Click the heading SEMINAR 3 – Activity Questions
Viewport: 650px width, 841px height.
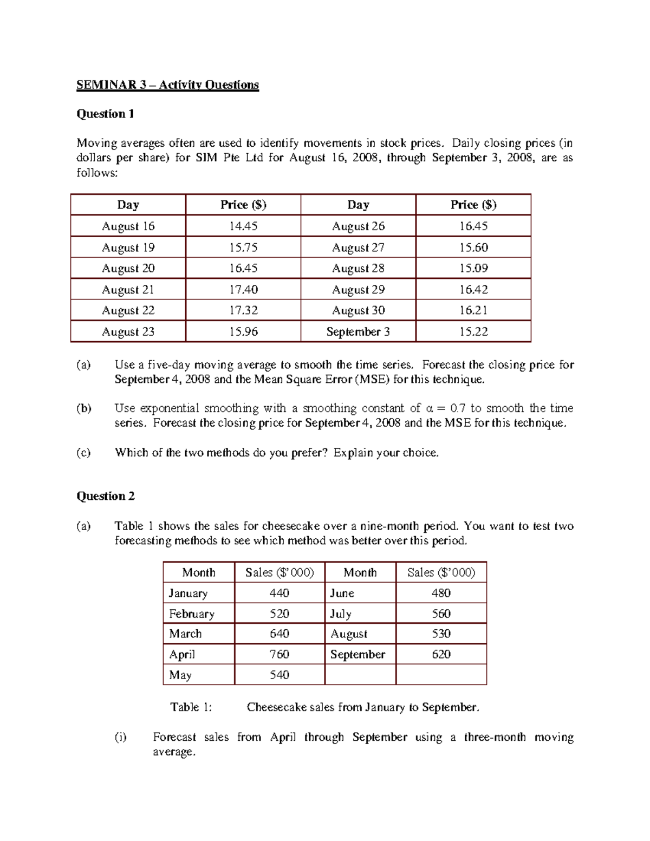(x=167, y=85)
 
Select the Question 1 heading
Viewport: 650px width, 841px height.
(x=105, y=114)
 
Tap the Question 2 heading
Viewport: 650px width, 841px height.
(x=105, y=497)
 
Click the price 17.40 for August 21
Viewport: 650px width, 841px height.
(x=243, y=290)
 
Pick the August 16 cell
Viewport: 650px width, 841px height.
(x=128, y=226)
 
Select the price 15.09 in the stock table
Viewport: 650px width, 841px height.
(x=473, y=269)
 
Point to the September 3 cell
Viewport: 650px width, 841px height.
(x=358, y=332)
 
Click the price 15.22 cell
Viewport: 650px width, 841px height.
(x=473, y=332)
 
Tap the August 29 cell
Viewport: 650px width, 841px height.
(x=358, y=290)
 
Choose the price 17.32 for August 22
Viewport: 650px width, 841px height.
(x=243, y=311)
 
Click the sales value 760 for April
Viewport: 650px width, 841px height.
(x=279, y=655)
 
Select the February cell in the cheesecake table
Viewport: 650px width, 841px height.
(x=192, y=614)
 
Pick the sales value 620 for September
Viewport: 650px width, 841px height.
(x=441, y=655)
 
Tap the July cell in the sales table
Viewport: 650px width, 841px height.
(x=341, y=614)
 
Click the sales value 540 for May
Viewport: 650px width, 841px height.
(x=279, y=675)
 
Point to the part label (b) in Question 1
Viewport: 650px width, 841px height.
(x=83, y=408)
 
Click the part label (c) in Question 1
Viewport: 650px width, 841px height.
(x=83, y=453)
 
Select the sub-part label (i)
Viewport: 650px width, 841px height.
(x=120, y=737)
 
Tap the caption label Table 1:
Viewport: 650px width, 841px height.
(x=191, y=707)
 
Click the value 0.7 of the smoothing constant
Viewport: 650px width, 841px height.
(x=458, y=408)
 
